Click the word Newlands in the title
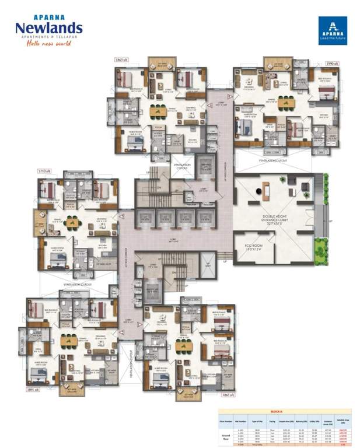click(x=50, y=27)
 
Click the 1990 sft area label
click(x=332, y=62)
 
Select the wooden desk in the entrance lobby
click(x=267, y=189)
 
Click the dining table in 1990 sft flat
click(x=285, y=103)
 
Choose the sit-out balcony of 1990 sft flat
click(x=278, y=64)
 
